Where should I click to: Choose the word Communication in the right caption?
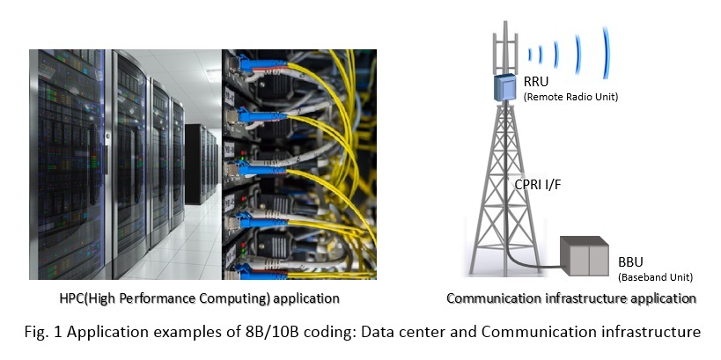488,298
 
